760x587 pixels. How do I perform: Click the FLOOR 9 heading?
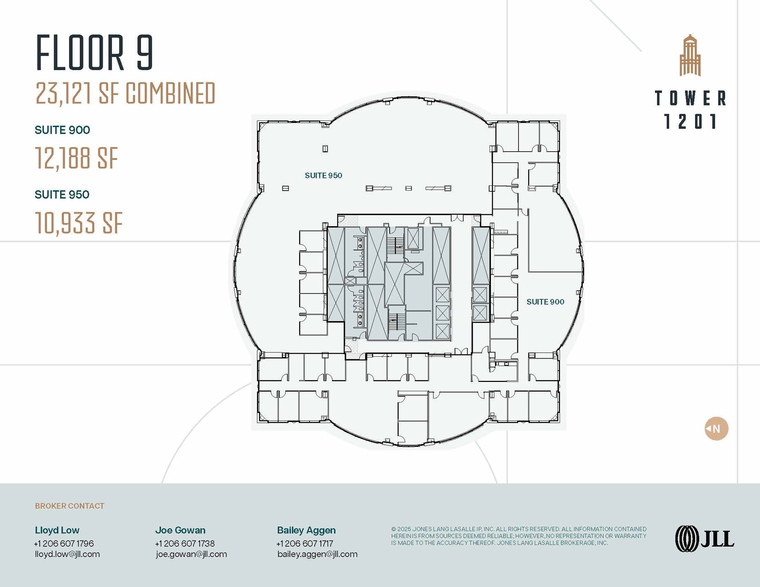[x=94, y=52]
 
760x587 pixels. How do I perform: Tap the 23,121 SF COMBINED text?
[x=125, y=93]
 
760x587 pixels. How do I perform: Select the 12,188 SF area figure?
[x=76, y=158]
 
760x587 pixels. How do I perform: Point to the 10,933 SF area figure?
[x=79, y=223]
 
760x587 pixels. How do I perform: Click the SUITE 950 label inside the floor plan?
[x=324, y=175]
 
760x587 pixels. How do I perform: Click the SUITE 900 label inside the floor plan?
[x=546, y=302]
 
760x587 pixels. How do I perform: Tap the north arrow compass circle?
[x=716, y=429]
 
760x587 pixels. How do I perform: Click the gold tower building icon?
[x=690, y=55]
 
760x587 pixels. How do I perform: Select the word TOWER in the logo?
[x=690, y=98]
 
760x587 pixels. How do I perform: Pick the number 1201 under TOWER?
[x=690, y=121]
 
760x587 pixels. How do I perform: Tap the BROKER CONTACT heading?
[x=70, y=506]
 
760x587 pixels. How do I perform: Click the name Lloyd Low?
[x=57, y=530]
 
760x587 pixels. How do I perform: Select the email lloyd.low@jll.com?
[x=67, y=554]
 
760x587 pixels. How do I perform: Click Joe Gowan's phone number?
[x=185, y=543]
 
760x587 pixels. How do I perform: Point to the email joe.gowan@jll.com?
[x=191, y=554]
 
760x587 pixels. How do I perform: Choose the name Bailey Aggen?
[x=307, y=530]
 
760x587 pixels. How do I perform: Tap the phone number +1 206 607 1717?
[x=305, y=543]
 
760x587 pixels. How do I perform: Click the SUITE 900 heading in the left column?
[x=62, y=130]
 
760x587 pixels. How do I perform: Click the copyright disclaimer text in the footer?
[x=519, y=536]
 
